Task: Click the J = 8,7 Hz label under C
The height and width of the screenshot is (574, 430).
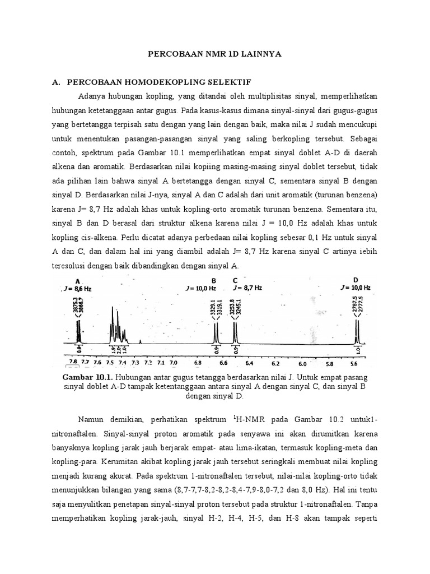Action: pos(246,288)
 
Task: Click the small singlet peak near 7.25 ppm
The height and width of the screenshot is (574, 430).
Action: pos(140,340)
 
